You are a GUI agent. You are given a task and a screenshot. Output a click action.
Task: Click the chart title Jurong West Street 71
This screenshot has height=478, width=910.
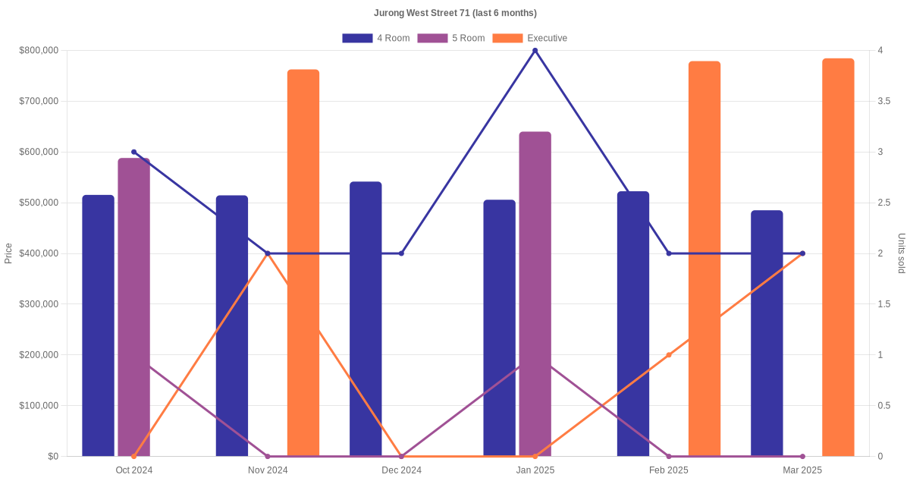455,13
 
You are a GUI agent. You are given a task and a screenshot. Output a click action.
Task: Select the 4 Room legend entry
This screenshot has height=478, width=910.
376,38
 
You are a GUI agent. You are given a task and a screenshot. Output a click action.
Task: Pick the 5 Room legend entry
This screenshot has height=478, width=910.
451,38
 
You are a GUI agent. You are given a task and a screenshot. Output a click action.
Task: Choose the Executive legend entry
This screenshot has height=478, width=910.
530,38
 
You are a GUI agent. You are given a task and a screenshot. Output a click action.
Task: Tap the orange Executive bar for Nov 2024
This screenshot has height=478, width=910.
303,263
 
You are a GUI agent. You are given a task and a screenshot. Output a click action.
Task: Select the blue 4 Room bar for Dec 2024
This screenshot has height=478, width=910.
366,319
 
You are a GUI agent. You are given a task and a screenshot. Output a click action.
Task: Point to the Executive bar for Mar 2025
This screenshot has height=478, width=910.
838,257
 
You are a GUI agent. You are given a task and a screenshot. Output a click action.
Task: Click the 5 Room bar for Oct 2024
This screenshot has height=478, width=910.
134,307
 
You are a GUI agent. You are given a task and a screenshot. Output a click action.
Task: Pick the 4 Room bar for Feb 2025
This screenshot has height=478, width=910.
633,323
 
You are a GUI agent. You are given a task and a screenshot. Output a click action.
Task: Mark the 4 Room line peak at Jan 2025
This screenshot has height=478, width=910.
535,51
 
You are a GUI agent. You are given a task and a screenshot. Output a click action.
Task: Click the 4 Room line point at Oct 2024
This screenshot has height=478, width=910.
134,153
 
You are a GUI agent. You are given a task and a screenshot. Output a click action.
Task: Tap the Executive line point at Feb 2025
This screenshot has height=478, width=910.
669,355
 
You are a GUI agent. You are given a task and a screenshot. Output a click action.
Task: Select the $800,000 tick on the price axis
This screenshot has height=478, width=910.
39,51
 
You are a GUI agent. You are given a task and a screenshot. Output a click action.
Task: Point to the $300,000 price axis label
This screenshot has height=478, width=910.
39,304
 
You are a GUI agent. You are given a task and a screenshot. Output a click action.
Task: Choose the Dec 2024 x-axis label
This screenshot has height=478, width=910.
401,470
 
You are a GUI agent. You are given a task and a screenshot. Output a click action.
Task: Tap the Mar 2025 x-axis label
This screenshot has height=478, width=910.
802,470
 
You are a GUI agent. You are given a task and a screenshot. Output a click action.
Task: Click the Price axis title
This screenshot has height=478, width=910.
8,253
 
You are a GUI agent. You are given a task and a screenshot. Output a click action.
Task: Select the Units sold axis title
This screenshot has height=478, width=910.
902,253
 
